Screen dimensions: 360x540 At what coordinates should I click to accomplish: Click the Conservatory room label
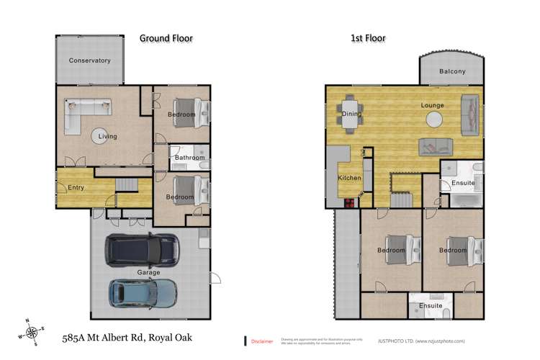click(x=90, y=60)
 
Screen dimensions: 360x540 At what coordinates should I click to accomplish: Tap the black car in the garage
click(x=143, y=250)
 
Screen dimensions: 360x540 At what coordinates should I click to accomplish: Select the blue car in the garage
click(x=143, y=292)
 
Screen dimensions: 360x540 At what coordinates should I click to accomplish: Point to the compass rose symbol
click(x=32, y=332)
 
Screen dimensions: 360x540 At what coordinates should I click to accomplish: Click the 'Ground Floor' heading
click(x=166, y=37)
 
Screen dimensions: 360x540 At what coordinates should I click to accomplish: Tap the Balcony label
click(x=451, y=71)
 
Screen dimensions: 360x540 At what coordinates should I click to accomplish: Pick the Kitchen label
click(x=350, y=177)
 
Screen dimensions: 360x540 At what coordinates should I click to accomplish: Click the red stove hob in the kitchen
click(x=349, y=202)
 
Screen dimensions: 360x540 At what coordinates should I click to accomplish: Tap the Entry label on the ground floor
click(x=76, y=188)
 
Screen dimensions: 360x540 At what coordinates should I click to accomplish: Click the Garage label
click(x=148, y=273)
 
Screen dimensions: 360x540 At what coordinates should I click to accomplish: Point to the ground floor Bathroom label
click(x=190, y=158)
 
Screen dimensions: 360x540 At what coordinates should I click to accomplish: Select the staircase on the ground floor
click(x=127, y=185)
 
